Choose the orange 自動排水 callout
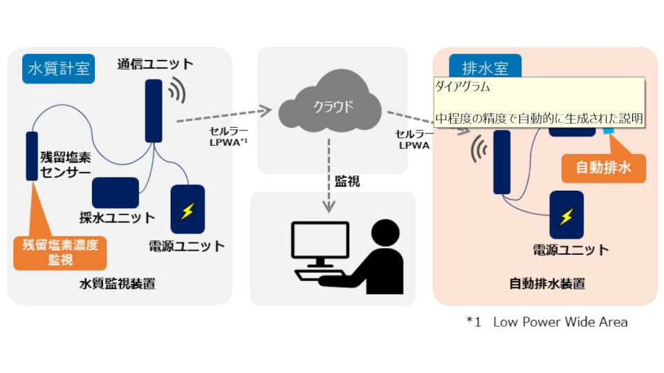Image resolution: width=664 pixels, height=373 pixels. (x=603, y=166)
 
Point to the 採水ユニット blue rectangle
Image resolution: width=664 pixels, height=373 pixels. (x=116, y=192)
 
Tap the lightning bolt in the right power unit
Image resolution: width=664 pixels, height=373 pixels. (x=566, y=216)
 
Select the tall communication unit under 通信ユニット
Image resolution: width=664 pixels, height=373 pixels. (x=154, y=111)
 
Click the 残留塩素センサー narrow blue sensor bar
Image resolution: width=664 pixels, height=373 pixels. (x=32, y=155)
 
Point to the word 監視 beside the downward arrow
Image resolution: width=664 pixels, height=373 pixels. (x=347, y=182)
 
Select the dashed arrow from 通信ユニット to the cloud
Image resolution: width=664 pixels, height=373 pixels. (x=222, y=115)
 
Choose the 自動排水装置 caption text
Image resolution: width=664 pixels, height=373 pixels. (x=546, y=283)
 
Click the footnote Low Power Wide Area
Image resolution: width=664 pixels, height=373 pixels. (x=560, y=322)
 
